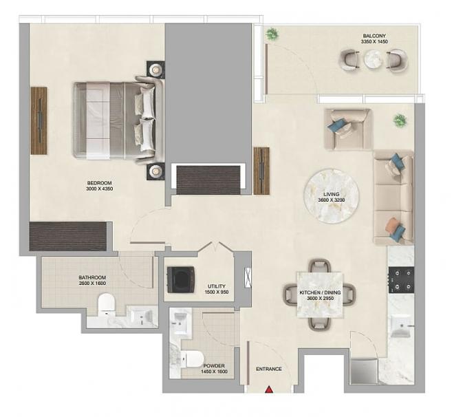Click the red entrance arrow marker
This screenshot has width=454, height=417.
pyautogui.click(x=269, y=389)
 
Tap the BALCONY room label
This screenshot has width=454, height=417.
pyautogui.click(x=374, y=36)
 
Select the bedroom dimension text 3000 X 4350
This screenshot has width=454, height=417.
pyautogui.click(x=99, y=189)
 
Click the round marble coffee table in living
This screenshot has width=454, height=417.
pyautogui.click(x=332, y=196)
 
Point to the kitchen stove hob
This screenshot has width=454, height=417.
pyautogui.click(x=401, y=280)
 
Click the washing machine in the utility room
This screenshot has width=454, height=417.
pyautogui.click(x=181, y=279)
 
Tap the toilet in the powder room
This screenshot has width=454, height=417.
pyautogui.click(x=192, y=359)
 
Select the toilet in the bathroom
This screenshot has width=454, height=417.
pyautogui.click(x=107, y=305)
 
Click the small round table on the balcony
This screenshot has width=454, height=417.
pyautogui.click(x=374, y=59)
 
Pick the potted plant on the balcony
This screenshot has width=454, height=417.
pyautogui.click(x=272, y=34)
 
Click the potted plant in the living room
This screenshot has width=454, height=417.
pyautogui.click(x=400, y=120)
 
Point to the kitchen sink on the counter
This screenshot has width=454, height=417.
pyautogui.click(x=400, y=325)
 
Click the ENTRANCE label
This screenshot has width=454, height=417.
pyautogui.click(x=269, y=369)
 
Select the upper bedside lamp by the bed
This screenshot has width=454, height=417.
pyautogui.click(x=155, y=69)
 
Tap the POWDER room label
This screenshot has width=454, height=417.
pyautogui.click(x=214, y=366)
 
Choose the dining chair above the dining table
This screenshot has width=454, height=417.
pyautogui.click(x=320, y=266)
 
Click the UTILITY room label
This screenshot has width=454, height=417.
pyautogui.click(x=217, y=286)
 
